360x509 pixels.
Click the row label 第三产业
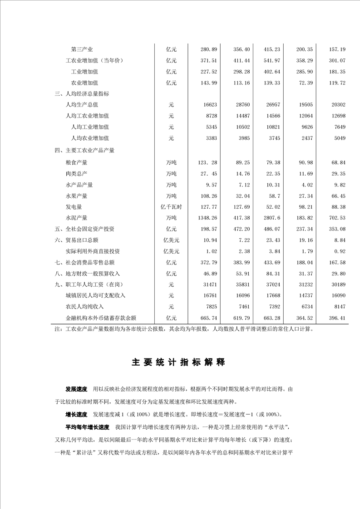coord(82,49)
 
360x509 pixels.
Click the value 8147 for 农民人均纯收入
coord(340,307)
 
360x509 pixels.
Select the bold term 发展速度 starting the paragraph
coord(76,390)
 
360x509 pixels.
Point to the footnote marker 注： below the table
coord(59,330)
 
